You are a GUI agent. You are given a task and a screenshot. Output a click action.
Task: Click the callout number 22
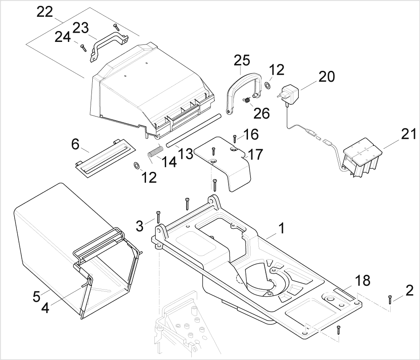45,12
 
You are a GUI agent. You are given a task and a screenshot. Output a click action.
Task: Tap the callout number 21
409,134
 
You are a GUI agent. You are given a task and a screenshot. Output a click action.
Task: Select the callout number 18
363,280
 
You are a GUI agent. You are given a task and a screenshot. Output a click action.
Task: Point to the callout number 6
75,145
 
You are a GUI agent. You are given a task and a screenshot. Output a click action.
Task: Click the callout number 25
242,60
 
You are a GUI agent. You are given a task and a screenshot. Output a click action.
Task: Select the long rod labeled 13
193,130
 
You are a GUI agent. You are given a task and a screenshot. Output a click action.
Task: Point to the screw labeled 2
390,299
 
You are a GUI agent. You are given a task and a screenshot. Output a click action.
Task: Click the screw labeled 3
158,217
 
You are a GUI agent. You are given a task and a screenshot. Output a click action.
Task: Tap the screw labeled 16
235,139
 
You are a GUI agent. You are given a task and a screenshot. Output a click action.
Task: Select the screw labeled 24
83,48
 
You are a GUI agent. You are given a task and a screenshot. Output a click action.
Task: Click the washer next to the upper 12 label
267,85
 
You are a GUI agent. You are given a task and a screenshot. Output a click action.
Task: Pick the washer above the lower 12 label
136,166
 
